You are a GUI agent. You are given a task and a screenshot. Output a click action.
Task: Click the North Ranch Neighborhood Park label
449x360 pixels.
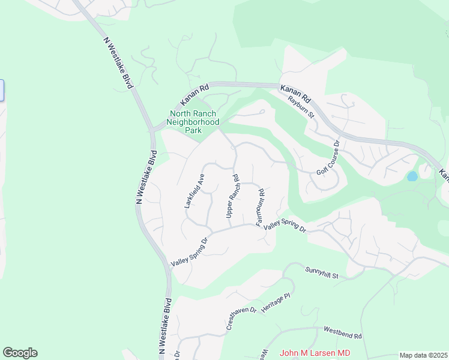pyautogui.click(x=194, y=121)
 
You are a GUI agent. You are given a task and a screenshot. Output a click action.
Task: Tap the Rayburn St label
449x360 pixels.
pyautogui.click(x=301, y=106)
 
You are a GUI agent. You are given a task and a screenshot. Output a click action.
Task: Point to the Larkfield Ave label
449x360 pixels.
pyautogui.click(x=195, y=191)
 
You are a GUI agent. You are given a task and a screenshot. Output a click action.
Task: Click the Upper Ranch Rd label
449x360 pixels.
pyautogui.click(x=233, y=196)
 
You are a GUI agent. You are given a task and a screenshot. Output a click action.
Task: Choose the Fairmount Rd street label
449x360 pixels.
pyautogui.click(x=261, y=208)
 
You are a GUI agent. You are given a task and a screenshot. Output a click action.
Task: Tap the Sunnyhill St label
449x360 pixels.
pyautogui.click(x=322, y=273)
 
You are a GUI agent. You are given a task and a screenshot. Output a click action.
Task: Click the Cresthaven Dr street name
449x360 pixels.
pyautogui.click(x=241, y=319)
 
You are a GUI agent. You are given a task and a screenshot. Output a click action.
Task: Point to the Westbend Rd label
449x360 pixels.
pyautogui.click(x=343, y=331)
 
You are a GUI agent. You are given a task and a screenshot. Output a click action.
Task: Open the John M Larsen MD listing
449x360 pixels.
pyautogui.click(x=315, y=353)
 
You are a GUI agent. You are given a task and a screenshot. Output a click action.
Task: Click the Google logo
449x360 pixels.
pyautogui.click(x=20, y=353)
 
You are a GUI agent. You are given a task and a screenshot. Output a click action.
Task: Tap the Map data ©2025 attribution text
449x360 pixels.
pyautogui.click(x=423, y=355)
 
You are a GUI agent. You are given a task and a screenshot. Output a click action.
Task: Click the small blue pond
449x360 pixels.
pyautogui.click(x=412, y=176)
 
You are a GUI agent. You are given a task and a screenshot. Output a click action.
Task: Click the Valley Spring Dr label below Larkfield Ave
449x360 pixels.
pyautogui.click(x=189, y=253)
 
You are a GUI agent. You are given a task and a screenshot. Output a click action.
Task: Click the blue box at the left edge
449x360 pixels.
pyautogui.click(x=2, y=91)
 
